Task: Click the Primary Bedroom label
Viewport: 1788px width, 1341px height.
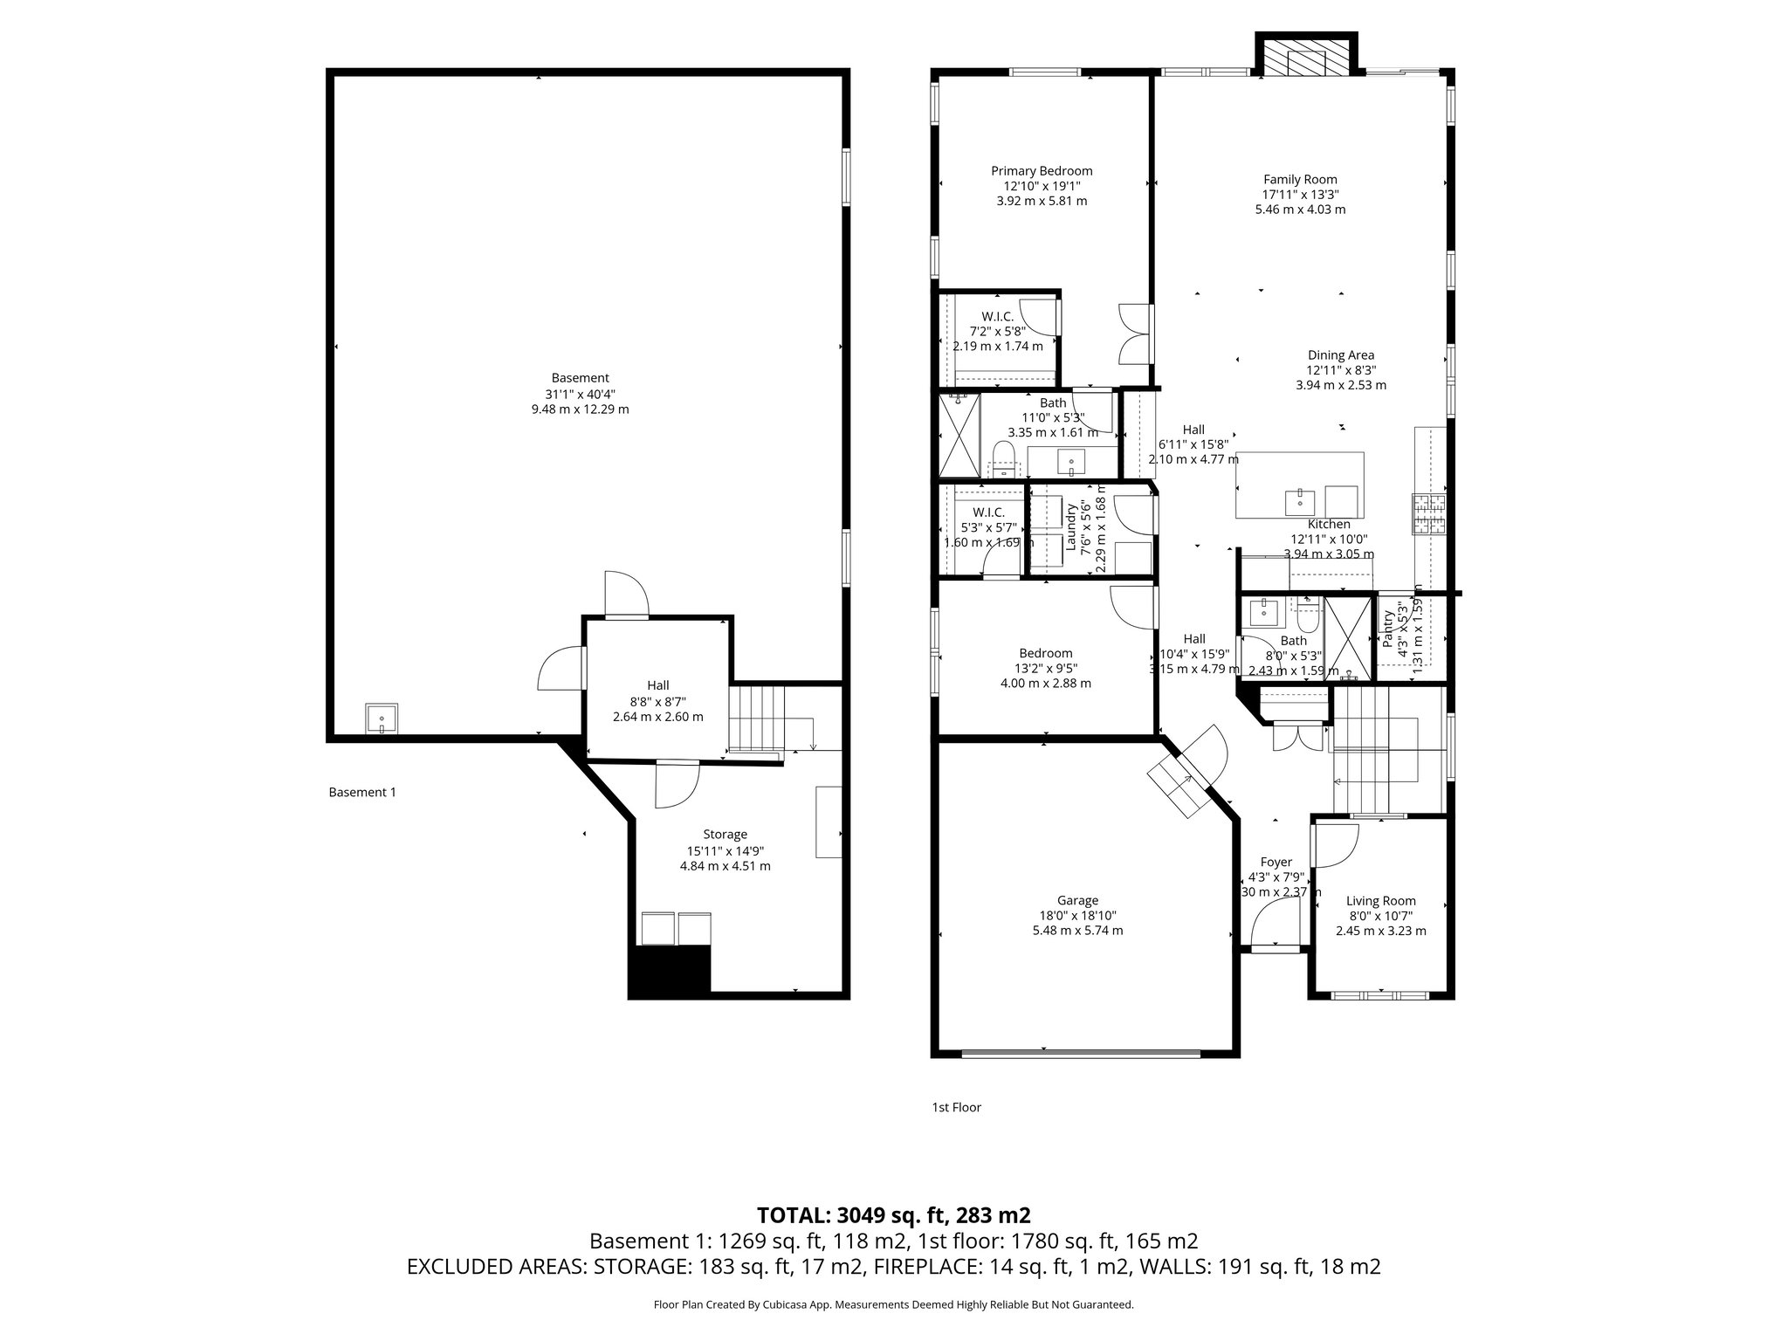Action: click(1042, 171)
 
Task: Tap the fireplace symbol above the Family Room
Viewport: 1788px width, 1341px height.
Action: click(1306, 59)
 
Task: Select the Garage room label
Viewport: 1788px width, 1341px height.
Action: click(1077, 900)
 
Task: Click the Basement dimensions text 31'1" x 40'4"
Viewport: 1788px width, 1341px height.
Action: click(580, 394)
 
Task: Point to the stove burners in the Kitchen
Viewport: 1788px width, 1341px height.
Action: click(1429, 514)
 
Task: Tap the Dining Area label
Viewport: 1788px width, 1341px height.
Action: click(1340, 355)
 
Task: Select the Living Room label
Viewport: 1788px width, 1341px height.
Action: click(1380, 901)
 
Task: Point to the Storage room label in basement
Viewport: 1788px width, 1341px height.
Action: click(725, 835)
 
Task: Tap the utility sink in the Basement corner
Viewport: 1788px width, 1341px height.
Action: click(382, 719)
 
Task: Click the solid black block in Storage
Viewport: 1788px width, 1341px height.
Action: click(670, 971)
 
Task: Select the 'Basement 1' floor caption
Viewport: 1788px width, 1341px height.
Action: click(361, 793)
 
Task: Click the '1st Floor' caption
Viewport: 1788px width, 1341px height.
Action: click(956, 1108)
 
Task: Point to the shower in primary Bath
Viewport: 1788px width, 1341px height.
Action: click(959, 435)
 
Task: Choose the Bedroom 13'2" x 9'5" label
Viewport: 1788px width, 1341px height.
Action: click(1045, 653)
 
